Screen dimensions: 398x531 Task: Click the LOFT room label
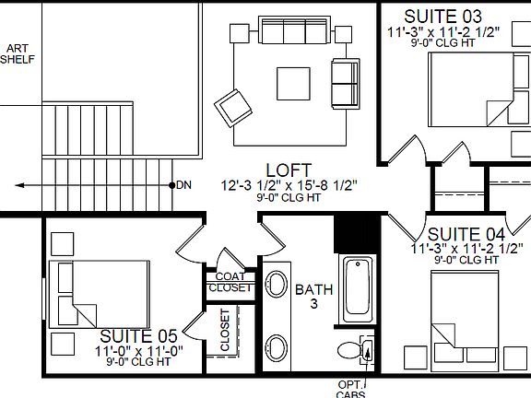281,170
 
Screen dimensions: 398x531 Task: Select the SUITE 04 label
466,233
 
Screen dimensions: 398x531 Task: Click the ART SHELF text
17,53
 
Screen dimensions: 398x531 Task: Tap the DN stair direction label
184,185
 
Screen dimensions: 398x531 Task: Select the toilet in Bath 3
354,350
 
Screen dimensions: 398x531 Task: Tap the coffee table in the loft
294,83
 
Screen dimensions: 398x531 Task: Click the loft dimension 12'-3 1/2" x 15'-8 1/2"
289,185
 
